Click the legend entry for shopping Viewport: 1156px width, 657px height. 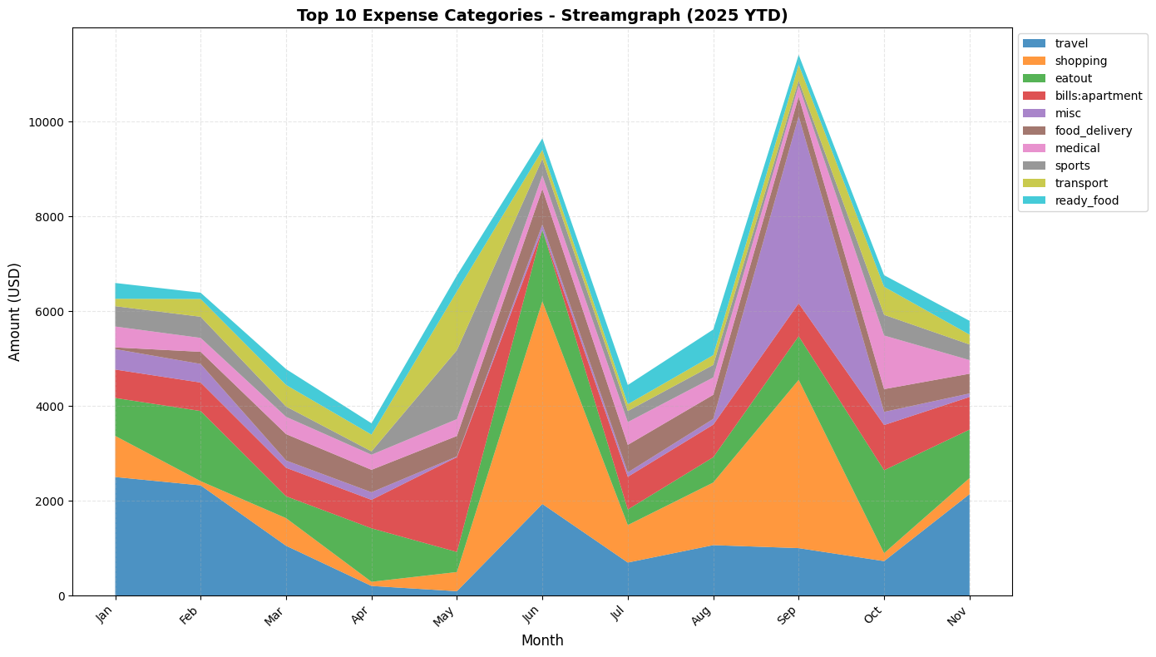[1080, 61]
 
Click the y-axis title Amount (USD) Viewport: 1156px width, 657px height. [15, 312]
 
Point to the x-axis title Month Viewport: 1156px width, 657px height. [542, 640]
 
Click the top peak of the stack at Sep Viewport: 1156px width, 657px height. [798, 56]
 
